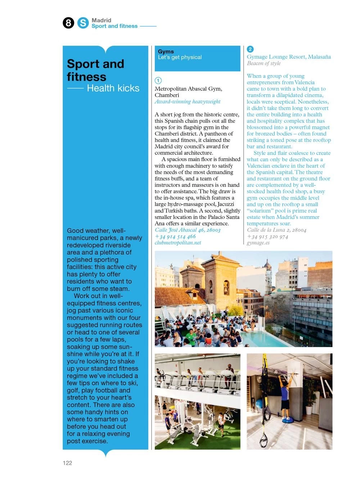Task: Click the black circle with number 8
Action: pos(68,23)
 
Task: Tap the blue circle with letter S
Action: pos(83,23)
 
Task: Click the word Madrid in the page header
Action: pos(101,20)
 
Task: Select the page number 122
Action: pos(67,463)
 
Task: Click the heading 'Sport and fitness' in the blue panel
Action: pos(95,70)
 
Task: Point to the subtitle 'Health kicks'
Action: pos(113,88)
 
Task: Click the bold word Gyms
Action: pos(166,51)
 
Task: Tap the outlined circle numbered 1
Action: pos(158,80)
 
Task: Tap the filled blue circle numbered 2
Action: pos(250,49)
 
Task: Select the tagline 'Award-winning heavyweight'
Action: pos(188,102)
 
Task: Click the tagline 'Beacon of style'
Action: pos(264,63)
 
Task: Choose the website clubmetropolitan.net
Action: pos(178,243)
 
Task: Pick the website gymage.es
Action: pos(258,243)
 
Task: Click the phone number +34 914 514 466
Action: pos(175,236)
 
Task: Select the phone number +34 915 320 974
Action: pos(267,236)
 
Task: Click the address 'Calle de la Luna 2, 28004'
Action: pos(276,230)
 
